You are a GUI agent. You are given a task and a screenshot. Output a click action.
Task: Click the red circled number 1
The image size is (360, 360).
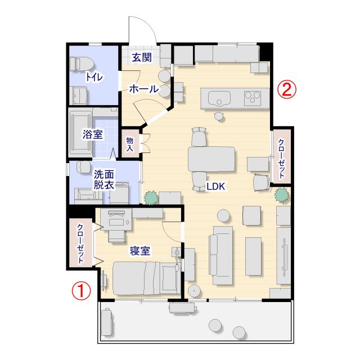pyautogui.click(x=81, y=291)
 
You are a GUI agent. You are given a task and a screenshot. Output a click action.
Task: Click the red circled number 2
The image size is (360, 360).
pyautogui.click(x=287, y=89)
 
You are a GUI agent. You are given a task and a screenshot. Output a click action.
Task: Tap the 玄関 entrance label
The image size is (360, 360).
pyautogui.click(x=142, y=57)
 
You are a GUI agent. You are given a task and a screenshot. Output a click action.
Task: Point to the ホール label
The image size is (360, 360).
pyautogui.click(x=144, y=89)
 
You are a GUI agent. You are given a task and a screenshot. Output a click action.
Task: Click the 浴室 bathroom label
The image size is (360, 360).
pyautogui.click(x=93, y=134)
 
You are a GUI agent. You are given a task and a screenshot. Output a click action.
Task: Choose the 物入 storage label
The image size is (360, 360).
pyautogui.click(x=130, y=144)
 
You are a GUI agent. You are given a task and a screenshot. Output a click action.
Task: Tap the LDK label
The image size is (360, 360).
pyautogui.click(x=215, y=186)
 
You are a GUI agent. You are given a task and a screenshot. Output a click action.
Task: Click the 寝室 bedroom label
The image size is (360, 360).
pyautogui.click(x=140, y=251)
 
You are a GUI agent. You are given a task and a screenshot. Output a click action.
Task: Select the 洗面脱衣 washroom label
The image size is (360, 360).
pyautogui.click(x=103, y=180)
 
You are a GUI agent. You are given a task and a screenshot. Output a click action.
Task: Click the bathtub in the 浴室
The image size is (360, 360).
pyautogui.click(x=80, y=133)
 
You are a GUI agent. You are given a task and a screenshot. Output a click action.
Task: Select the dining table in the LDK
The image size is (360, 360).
pyautogui.click(x=211, y=159)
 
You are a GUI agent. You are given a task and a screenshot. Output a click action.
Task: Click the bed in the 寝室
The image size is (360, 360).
pyautogui.click(x=147, y=278)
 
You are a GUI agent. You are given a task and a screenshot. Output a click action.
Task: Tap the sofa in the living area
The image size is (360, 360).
pyautogui.click(x=220, y=255)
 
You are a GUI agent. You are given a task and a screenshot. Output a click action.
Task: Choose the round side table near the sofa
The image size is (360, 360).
pyautogui.click(x=224, y=216)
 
